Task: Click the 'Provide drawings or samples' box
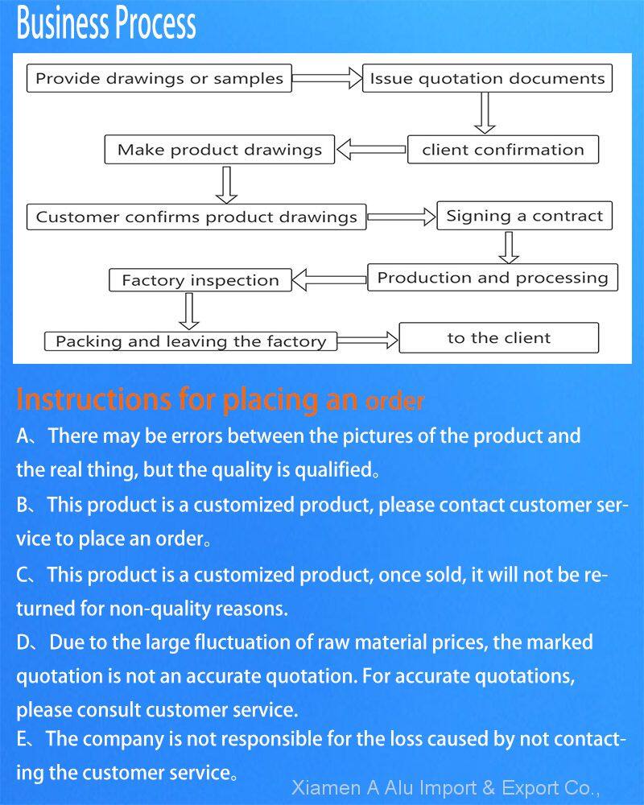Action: [159, 78]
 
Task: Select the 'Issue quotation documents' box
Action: [487, 78]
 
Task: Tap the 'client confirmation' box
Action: [503, 150]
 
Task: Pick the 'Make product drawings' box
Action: [219, 150]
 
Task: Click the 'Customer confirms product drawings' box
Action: [196, 217]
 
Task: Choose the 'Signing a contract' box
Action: [524, 216]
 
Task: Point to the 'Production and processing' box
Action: [493, 277]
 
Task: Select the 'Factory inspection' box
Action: [200, 280]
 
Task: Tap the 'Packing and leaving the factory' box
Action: [191, 341]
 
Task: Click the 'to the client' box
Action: [498, 338]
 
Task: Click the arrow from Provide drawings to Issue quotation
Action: [327, 78]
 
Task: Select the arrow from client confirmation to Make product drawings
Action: [371, 150]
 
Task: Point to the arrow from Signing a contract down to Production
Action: [509, 247]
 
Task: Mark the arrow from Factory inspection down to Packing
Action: [189, 311]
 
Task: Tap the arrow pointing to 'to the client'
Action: [368, 340]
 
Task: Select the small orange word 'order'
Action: [394, 402]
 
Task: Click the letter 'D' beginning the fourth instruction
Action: [23, 642]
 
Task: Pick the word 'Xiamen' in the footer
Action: [326, 787]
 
